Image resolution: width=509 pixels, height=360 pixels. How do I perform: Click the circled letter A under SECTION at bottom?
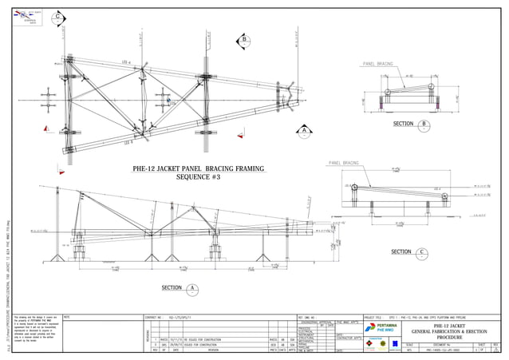(x=192, y=289)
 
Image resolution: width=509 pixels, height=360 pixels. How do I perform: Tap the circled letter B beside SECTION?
(x=424, y=125)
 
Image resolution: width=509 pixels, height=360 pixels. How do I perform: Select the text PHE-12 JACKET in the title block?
(x=446, y=325)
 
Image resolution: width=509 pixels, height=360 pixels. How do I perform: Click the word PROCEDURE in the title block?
(x=446, y=338)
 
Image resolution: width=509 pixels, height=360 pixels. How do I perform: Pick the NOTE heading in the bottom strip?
(x=67, y=318)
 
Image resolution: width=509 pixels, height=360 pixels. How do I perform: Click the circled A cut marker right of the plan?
(x=304, y=130)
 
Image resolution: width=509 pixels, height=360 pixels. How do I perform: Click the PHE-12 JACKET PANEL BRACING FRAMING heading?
(x=188, y=169)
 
